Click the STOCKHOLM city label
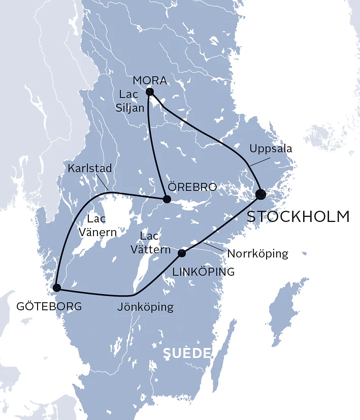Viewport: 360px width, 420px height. click(x=298, y=216)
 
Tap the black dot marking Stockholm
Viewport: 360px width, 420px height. click(x=260, y=193)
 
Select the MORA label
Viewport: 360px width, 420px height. click(x=149, y=80)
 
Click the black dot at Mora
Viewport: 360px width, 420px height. click(x=149, y=92)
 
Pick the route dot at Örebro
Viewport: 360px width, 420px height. click(x=166, y=199)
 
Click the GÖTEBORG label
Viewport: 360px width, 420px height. click(x=49, y=307)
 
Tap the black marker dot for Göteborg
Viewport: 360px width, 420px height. click(x=56, y=288)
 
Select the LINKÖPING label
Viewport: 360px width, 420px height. click(x=204, y=272)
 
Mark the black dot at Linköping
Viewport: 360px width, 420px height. click(x=182, y=252)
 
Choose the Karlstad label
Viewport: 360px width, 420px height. click(x=89, y=168)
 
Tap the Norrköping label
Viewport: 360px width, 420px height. click(x=258, y=253)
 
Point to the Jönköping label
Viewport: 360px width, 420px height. click(x=145, y=307)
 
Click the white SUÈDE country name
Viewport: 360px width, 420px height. click(x=186, y=353)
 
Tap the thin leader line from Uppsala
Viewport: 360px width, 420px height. click(x=257, y=161)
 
